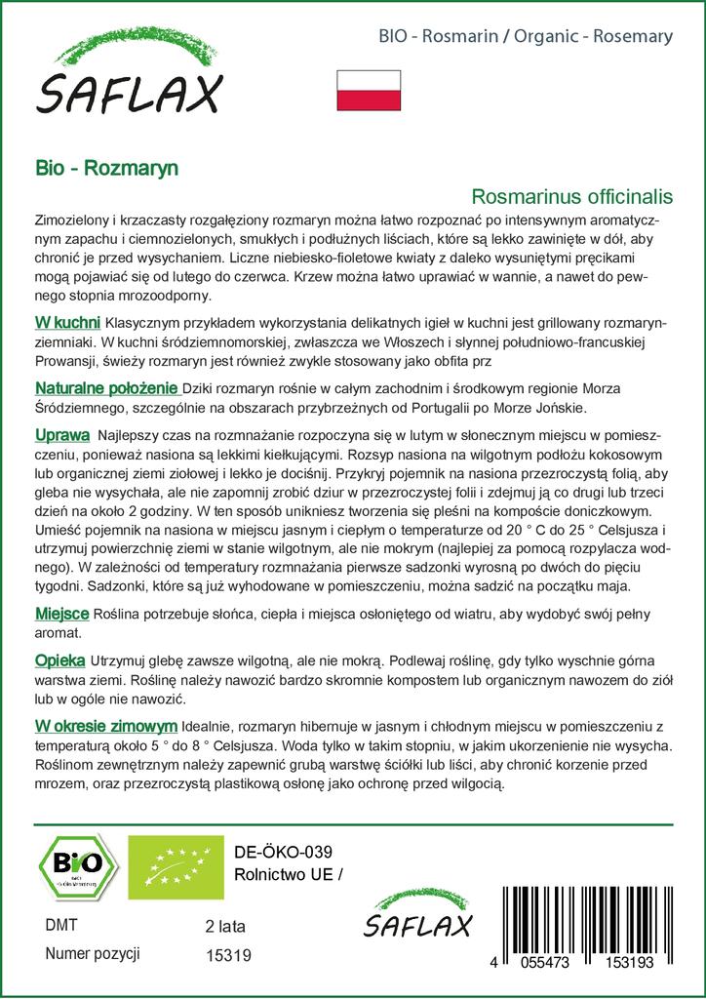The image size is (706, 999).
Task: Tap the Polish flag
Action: point(369,90)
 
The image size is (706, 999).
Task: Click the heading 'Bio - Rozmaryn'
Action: point(106,167)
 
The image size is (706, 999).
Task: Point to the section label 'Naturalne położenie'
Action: point(105,387)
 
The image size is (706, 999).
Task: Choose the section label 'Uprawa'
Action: point(62,433)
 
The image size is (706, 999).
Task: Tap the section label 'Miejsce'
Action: point(62,612)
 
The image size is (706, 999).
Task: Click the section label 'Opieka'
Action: point(59,660)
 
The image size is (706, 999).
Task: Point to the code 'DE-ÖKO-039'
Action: point(278,852)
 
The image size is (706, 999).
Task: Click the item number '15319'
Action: point(229,956)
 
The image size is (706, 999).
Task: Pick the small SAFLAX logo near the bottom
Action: point(419,917)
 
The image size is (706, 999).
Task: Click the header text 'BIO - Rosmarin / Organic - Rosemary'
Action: point(525,37)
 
